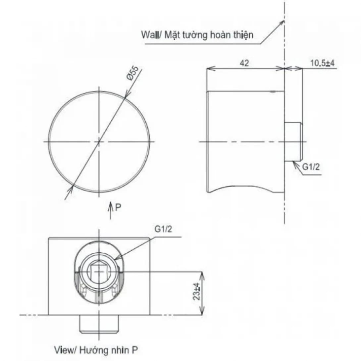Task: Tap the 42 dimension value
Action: pos(244,63)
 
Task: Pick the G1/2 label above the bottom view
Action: pos(163,230)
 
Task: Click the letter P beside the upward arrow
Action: pos(118,208)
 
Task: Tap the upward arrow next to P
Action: pos(111,210)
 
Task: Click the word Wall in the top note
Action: pos(149,34)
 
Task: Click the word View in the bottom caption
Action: pos(61,349)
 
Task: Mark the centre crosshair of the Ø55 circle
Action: pos(99,141)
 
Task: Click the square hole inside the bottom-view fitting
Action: pos(99,271)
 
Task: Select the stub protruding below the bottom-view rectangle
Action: pos(99,324)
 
